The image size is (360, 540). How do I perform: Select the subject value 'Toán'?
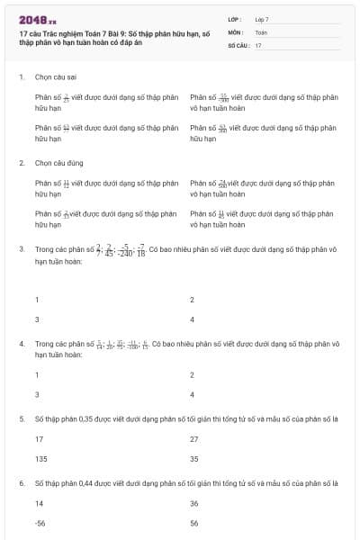(261, 31)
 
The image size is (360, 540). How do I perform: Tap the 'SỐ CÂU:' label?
(237, 44)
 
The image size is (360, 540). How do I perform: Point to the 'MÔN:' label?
(236, 31)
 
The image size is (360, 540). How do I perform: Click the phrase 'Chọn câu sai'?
(54, 77)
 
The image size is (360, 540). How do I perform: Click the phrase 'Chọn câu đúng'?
(56, 164)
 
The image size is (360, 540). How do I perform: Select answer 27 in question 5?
(193, 438)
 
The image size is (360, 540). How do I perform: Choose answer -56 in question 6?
(40, 521)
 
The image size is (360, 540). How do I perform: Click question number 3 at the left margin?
(21, 248)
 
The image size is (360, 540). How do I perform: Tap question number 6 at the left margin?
(21, 483)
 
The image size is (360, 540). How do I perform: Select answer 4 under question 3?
(193, 319)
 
